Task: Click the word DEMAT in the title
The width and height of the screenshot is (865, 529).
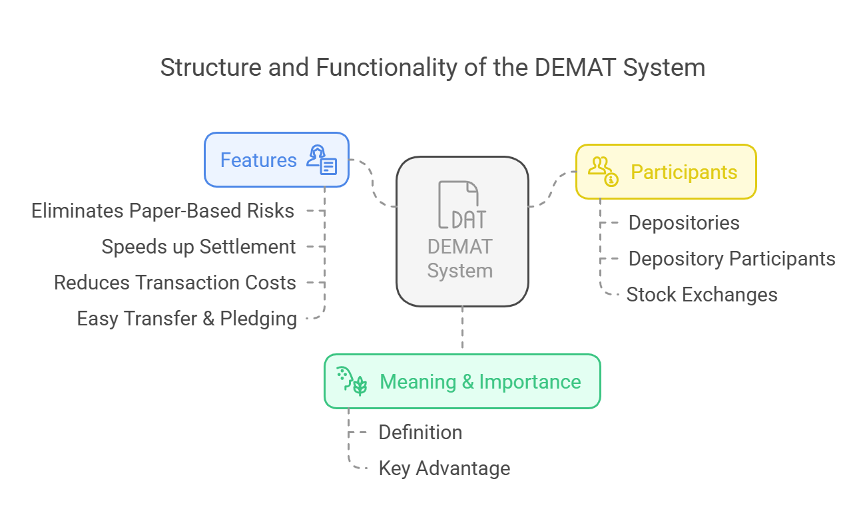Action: tap(575, 67)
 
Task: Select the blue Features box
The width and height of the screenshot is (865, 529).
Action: tap(276, 160)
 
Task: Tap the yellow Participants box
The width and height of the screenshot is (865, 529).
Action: tap(666, 172)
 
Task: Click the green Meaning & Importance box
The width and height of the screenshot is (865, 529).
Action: tap(462, 381)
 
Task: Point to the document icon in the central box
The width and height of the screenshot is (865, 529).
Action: tap(462, 204)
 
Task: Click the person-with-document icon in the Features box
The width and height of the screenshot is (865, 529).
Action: tap(322, 160)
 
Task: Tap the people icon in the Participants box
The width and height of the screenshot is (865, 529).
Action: tap(603, 172)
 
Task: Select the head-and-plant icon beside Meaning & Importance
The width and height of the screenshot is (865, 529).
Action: tap(352, 381)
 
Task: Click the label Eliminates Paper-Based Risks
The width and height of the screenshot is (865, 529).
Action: tap(162, 211)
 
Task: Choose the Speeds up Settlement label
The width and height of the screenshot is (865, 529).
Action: tap(198, 247)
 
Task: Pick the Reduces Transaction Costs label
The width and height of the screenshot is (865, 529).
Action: tap(175, 282)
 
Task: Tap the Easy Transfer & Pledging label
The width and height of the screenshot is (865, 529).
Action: tap(187, 319)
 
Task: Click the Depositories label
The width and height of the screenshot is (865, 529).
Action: tap(684, 223)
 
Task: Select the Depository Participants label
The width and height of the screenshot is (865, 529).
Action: tap(732, 259)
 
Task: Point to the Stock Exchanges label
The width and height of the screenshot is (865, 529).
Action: tap(702, 295)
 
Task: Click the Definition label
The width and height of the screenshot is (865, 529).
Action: tap(420, 432)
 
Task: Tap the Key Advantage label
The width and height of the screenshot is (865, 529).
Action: tap(444, 468)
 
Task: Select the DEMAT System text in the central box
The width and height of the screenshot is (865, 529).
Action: tap(460, 259)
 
